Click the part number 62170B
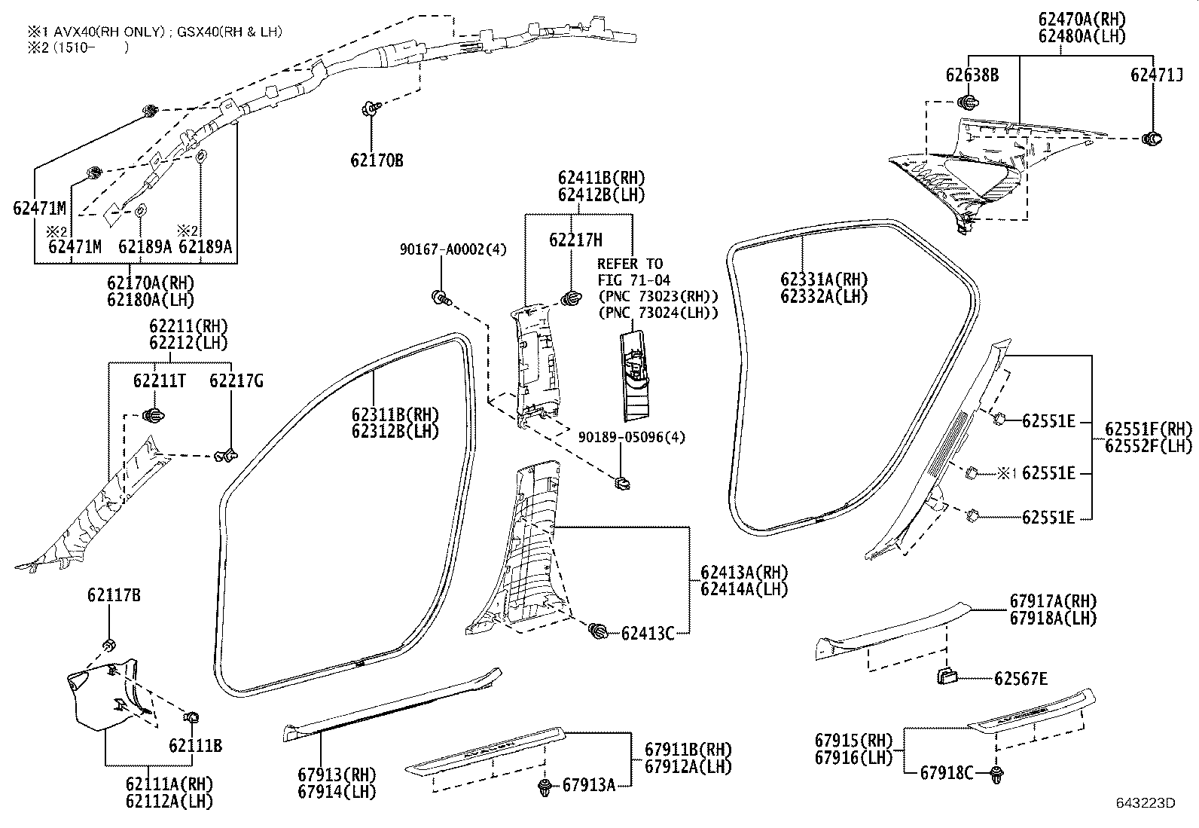point(377,160)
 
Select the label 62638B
point(972,75)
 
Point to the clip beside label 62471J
point(1152,138)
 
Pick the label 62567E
point(1021,679)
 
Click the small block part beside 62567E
point(947,675)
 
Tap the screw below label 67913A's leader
point(544,789)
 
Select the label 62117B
point(114,596)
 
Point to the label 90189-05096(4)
point(631,437)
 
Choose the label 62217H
point(575,240)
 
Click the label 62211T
point(160,381)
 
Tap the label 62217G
point(236,381)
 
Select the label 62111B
point(195,745)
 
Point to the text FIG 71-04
point(633,280)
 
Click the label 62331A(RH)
point(824,280)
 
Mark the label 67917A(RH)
point(1053,601)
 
